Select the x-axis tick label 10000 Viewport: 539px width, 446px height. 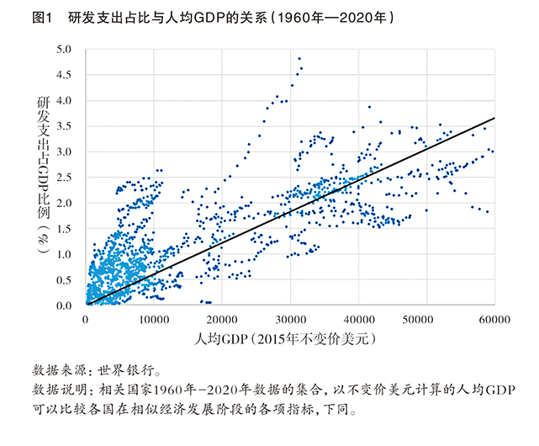[x=153, y=320]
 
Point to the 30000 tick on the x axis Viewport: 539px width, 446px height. [x=289, y=320]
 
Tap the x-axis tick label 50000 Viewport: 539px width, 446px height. [x=425, y=320]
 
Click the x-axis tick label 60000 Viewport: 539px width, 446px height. [x=494, y=320]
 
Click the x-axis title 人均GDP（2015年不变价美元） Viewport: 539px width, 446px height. [x=290, y=341]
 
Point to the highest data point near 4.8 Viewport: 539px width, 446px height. [x=299, y=59]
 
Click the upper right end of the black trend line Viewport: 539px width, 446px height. [x=494, y=119]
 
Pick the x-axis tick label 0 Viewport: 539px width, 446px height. [x=86, y=320]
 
